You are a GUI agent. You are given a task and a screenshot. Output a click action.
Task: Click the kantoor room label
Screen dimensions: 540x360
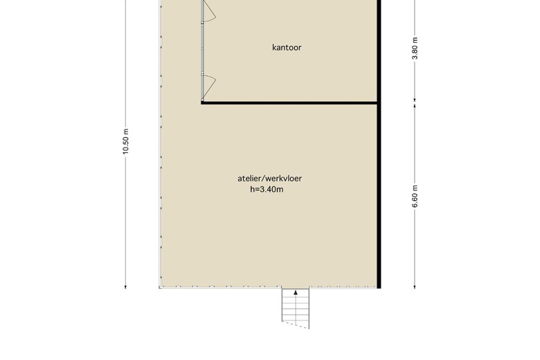[x=287, y=47]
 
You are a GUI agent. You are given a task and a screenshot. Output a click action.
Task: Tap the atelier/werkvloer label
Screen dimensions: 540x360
[x=270, y=179]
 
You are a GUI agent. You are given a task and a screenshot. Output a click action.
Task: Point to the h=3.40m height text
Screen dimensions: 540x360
[x=267, y=189]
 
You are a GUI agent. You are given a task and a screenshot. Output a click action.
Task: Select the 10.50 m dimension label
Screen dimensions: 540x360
[x=125, y=141]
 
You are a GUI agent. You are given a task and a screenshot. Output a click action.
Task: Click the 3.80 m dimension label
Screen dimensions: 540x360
[x=415, y=48]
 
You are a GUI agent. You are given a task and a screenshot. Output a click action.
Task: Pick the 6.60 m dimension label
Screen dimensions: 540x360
[x=415, y=197]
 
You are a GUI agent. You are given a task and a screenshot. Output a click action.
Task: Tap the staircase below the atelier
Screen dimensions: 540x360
[x=296, y=308]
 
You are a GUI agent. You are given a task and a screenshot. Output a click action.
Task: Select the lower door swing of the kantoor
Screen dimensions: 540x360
[x=209, y=86]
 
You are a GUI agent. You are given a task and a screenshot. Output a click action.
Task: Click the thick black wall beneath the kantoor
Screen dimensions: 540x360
[x=289, y=102]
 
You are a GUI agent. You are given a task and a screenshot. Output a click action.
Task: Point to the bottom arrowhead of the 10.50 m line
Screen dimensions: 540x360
[x=125, y=287]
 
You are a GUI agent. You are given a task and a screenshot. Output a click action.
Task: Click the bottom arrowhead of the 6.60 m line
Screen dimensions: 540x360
[x=415, y=287]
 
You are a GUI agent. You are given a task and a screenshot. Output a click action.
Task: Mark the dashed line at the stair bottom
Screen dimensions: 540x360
[x=296, y=325]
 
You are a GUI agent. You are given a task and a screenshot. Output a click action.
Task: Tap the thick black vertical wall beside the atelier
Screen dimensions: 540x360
[x=379, y=144]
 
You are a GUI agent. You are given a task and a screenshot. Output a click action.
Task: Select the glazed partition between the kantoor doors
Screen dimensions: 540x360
[x=202, y=48]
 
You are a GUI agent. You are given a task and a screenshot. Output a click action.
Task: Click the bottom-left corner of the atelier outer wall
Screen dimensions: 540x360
[x=160, y=287]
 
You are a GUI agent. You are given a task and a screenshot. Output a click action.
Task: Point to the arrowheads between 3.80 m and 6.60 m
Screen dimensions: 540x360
[x=415, y=102]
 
